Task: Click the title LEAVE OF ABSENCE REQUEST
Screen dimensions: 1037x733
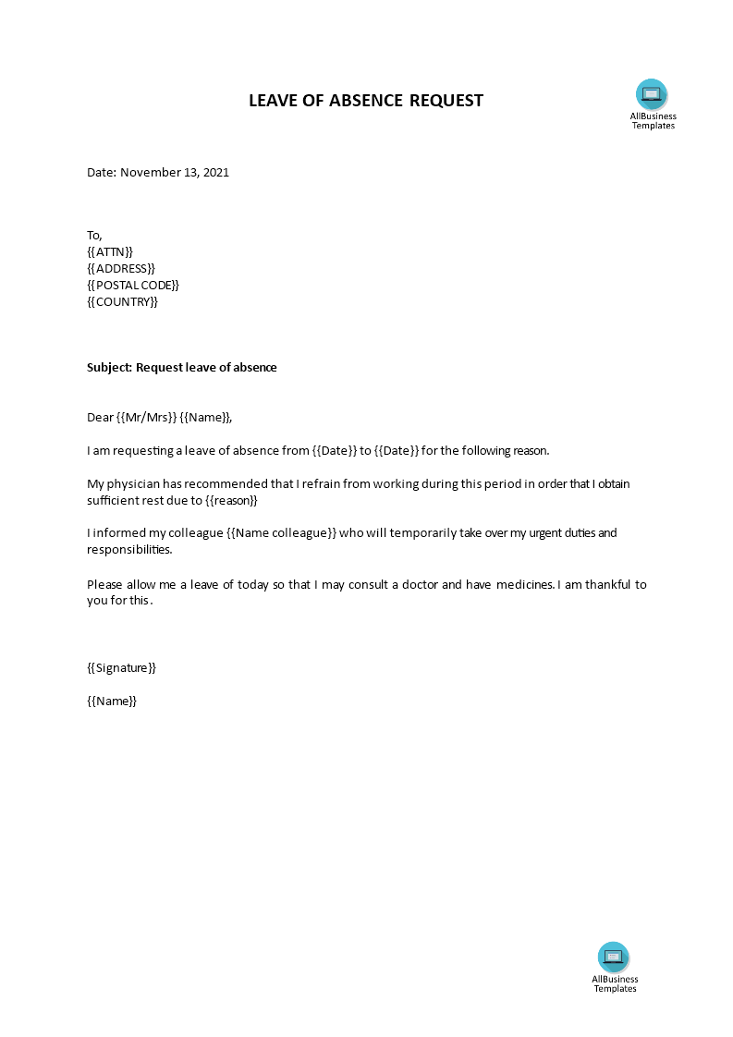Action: tap(366, 101)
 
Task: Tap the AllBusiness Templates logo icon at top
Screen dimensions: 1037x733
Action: tap(652, 94)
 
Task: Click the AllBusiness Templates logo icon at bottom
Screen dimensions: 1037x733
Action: tap(614, 957)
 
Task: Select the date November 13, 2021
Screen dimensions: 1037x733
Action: tap(175, 172)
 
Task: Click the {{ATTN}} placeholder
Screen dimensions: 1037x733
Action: tap(110, 251)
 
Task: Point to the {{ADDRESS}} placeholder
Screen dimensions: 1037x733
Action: tap(121, 268)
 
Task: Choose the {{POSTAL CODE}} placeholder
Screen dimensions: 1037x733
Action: tap(133, 285)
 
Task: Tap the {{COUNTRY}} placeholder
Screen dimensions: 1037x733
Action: tap(122, 301)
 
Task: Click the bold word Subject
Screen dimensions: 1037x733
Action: tap(108, 367)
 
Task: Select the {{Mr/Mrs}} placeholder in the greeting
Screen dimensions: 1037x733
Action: tap(146, 417)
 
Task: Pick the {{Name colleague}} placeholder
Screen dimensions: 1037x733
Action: tap(281, 533)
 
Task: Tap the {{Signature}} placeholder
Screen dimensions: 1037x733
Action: tap(121, 667)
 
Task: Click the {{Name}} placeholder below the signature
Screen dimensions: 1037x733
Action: tap(112, 701)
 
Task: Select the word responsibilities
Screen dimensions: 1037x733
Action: tap(128, 549)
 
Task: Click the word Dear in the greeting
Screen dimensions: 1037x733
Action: tap(100, 417)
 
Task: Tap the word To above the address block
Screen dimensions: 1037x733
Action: tap(94, 235)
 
